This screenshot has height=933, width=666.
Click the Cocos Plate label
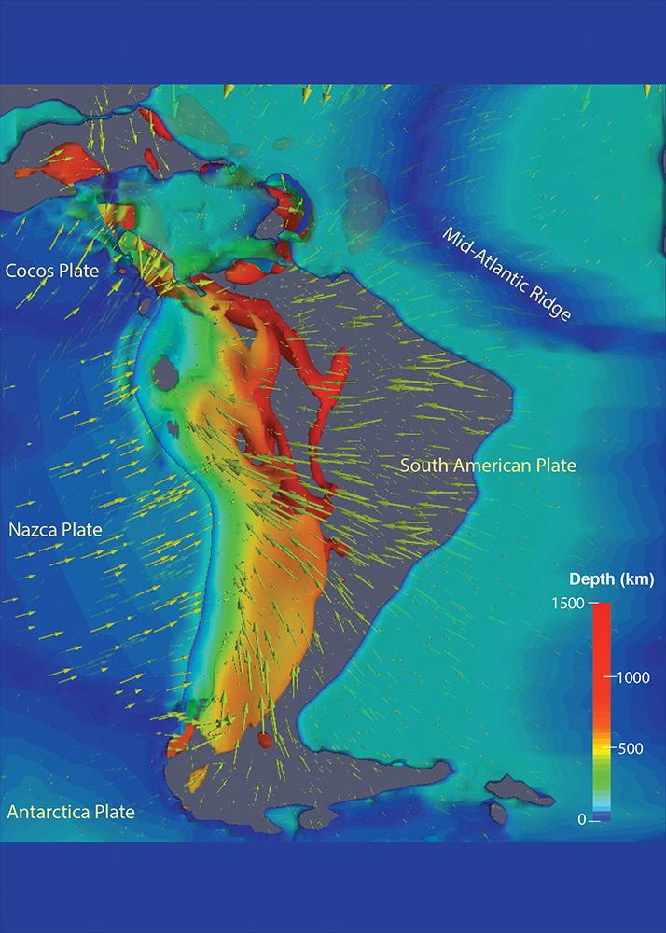coord(65,271)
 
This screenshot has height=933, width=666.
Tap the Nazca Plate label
coord(55,530)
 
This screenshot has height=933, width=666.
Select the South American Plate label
coord(488,465)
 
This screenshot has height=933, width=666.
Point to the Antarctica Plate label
coord(71,812)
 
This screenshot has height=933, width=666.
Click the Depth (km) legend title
coord(612,579)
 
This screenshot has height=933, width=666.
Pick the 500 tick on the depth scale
coord(628,748)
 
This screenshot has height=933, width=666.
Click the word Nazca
coord(32,530)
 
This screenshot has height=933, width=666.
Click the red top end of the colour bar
coord(602,611)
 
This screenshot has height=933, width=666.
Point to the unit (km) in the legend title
coord(639,579)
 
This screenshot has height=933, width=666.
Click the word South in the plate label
coord(423,465)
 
